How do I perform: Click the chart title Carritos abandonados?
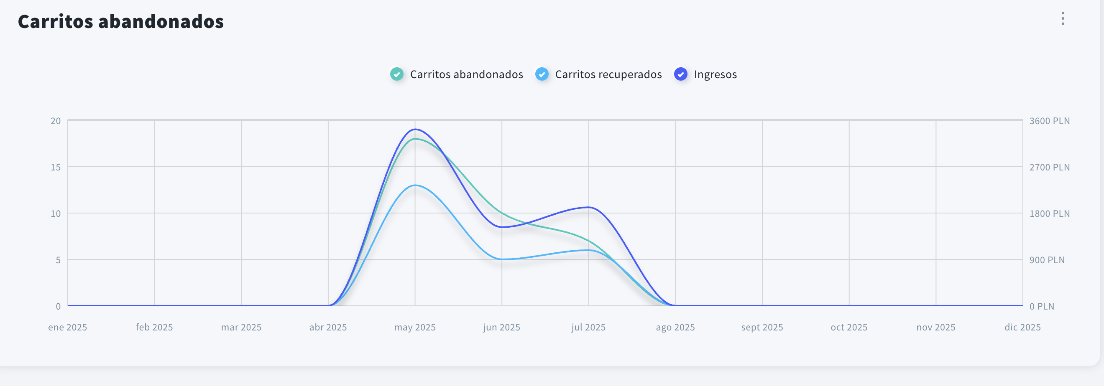[120, 21]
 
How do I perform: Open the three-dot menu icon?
[1063, 18]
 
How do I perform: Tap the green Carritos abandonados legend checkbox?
[397, 74]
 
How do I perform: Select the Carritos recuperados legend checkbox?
[542, 74]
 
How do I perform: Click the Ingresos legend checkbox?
[680, 74]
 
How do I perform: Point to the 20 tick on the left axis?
[56, 121]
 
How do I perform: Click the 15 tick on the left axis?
[56, 167]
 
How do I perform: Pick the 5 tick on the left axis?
[58, 260]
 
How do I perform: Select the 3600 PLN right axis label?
[1049, 121]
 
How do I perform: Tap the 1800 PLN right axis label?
[1049, 213]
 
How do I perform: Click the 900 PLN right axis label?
[1047, 260]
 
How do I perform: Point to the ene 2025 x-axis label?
[68, 328]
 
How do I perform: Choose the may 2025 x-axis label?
[415, 328]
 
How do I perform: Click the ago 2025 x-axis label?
[675, 328]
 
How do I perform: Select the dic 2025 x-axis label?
[1022, 328]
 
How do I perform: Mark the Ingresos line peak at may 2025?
[415, 129]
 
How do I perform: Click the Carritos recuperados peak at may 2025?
[415, 185]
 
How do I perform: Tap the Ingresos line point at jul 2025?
[588, 208]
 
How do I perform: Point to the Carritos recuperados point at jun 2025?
[502, 259]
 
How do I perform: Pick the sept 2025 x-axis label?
[762, 328]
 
